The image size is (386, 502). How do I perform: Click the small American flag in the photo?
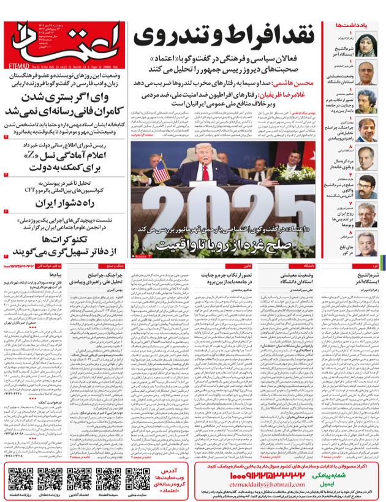pos(161,171)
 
